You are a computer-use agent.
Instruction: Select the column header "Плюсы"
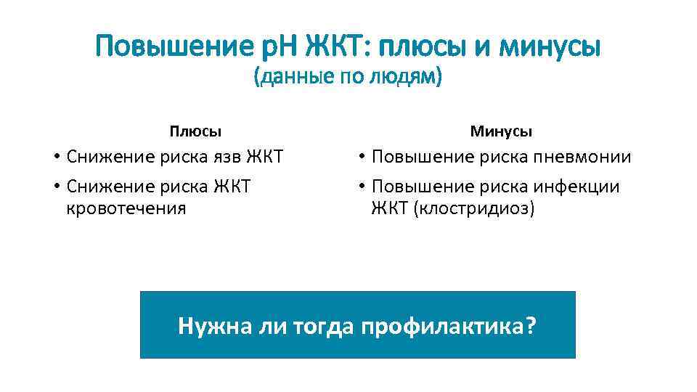tap(195, 131)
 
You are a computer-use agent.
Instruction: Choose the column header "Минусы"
tap(501, 131)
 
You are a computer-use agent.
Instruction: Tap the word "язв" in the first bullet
tap(227, 157)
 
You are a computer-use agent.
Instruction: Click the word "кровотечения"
tap(126, 209)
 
